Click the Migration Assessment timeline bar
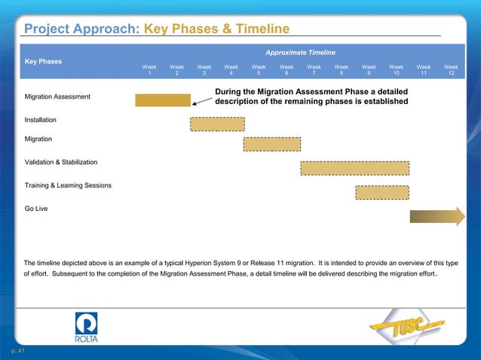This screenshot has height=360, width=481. [163, 100]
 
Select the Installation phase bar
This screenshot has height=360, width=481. [217, 124]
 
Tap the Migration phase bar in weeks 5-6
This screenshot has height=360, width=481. [271, 144]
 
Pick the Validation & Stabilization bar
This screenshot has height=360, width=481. [354, 167]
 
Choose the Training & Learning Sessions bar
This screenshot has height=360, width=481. [382, 192]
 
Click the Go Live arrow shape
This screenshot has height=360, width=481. [437, 216]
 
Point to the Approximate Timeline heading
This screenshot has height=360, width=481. [300, 53]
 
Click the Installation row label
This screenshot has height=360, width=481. [41, 120]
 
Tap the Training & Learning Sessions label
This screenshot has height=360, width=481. [69, 185]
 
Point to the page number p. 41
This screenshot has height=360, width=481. [17, 352]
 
